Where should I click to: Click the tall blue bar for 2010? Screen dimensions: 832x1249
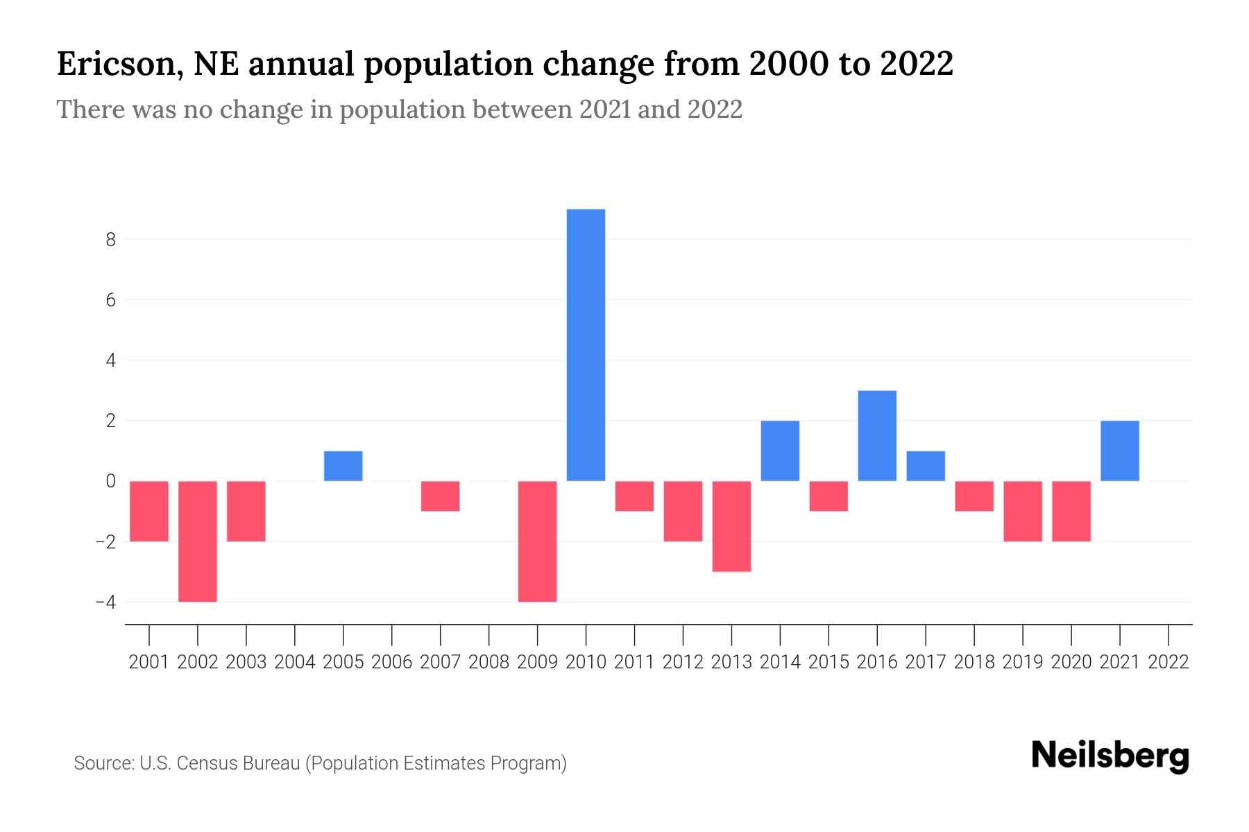pos(586,345)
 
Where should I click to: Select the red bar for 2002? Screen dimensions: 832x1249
pos(198,541)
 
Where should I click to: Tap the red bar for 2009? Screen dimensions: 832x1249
pos(537,541)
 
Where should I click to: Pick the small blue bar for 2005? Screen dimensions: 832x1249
pos(343,466)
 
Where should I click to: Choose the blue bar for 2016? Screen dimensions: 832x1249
pos(877,435)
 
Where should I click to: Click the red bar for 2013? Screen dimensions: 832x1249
pos(731,526)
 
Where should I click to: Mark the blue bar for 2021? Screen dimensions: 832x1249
pos(1119,451)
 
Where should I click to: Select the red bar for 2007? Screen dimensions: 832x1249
pos(440,496)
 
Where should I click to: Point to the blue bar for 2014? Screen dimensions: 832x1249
pos(780,451)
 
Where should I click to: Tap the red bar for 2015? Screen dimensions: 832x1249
pos(829,496)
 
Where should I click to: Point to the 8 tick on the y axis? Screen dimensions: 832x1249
pos(110,240)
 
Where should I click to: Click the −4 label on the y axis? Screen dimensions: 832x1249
pos(105,602)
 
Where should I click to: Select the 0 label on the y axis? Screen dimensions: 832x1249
pos(110,481)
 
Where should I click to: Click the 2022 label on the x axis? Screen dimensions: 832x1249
pos(1168,662)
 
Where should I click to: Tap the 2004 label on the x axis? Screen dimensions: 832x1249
pos(294,662)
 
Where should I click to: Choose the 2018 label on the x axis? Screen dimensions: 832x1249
pos(974,662)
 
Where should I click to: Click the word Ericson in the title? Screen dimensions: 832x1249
pos(119,64)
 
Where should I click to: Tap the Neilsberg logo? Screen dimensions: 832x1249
pos(1110,756)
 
